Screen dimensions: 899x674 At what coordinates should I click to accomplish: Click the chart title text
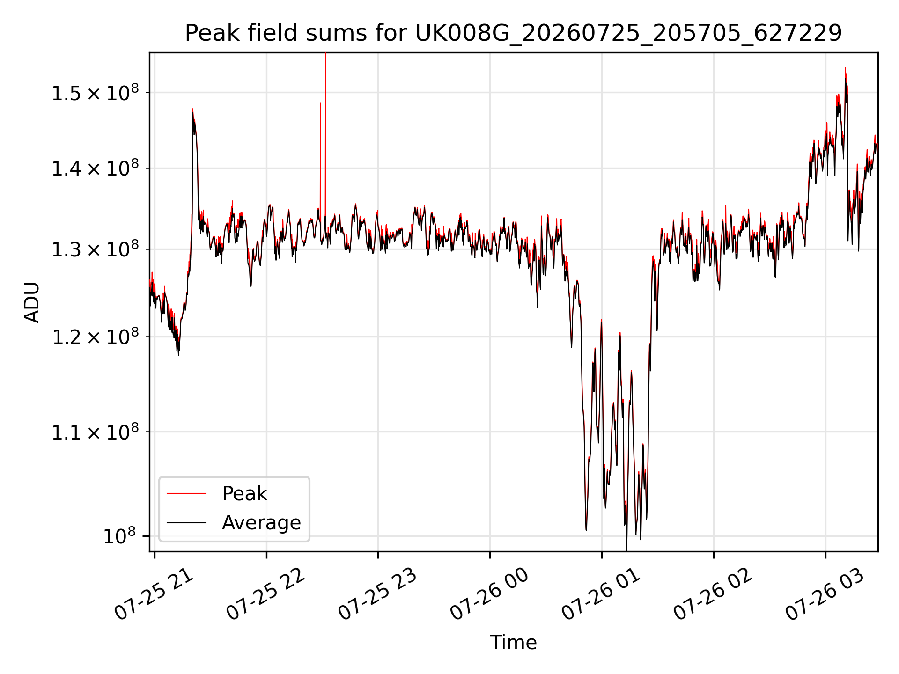[514, 33]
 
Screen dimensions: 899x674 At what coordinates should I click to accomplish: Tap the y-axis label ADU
[32, 302]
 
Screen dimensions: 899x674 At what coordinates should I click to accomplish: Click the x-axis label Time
[513, 642]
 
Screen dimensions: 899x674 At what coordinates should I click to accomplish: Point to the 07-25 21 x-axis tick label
[154, 594]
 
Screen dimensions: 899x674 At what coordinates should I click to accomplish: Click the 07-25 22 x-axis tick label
[266, 594]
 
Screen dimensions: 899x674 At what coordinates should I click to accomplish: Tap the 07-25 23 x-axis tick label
[377, 594]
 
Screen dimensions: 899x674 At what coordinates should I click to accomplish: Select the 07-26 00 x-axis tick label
[489, 594]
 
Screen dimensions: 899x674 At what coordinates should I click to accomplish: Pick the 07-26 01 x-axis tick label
[601, 594]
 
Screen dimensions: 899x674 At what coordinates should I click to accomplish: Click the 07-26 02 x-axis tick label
[713, 594]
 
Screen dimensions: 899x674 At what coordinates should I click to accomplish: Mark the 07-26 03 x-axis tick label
[825, 594]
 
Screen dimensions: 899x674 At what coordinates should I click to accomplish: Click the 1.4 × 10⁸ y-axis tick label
[95, 168]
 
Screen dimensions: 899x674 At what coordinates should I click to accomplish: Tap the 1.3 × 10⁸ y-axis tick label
[95, 249]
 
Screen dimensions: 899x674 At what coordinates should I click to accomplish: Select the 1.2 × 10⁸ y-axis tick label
[95, 337]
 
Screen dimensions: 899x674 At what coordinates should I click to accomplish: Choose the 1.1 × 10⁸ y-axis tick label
[95, 432]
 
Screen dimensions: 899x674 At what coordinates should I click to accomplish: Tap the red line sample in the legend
[186, 493]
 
